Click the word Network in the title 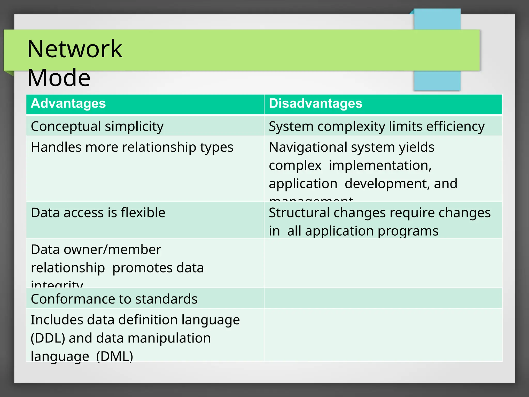[x=75, y=49]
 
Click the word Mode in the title [x=59, y=77]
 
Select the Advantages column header [x=68, y=103]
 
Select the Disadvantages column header [x=315, y=103]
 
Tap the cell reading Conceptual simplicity [x=97, y=126]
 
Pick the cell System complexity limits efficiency [x=376, y=126]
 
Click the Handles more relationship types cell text [x=132, y=147]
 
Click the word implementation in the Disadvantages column [x=380, y=165]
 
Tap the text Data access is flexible [x=98, y=213]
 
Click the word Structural [x=299, y=213]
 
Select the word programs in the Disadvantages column [x=408, y=231]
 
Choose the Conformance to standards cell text [x=114, y=299]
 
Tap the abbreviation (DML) [x=114, y=356]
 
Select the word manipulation [x=169, y=338]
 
